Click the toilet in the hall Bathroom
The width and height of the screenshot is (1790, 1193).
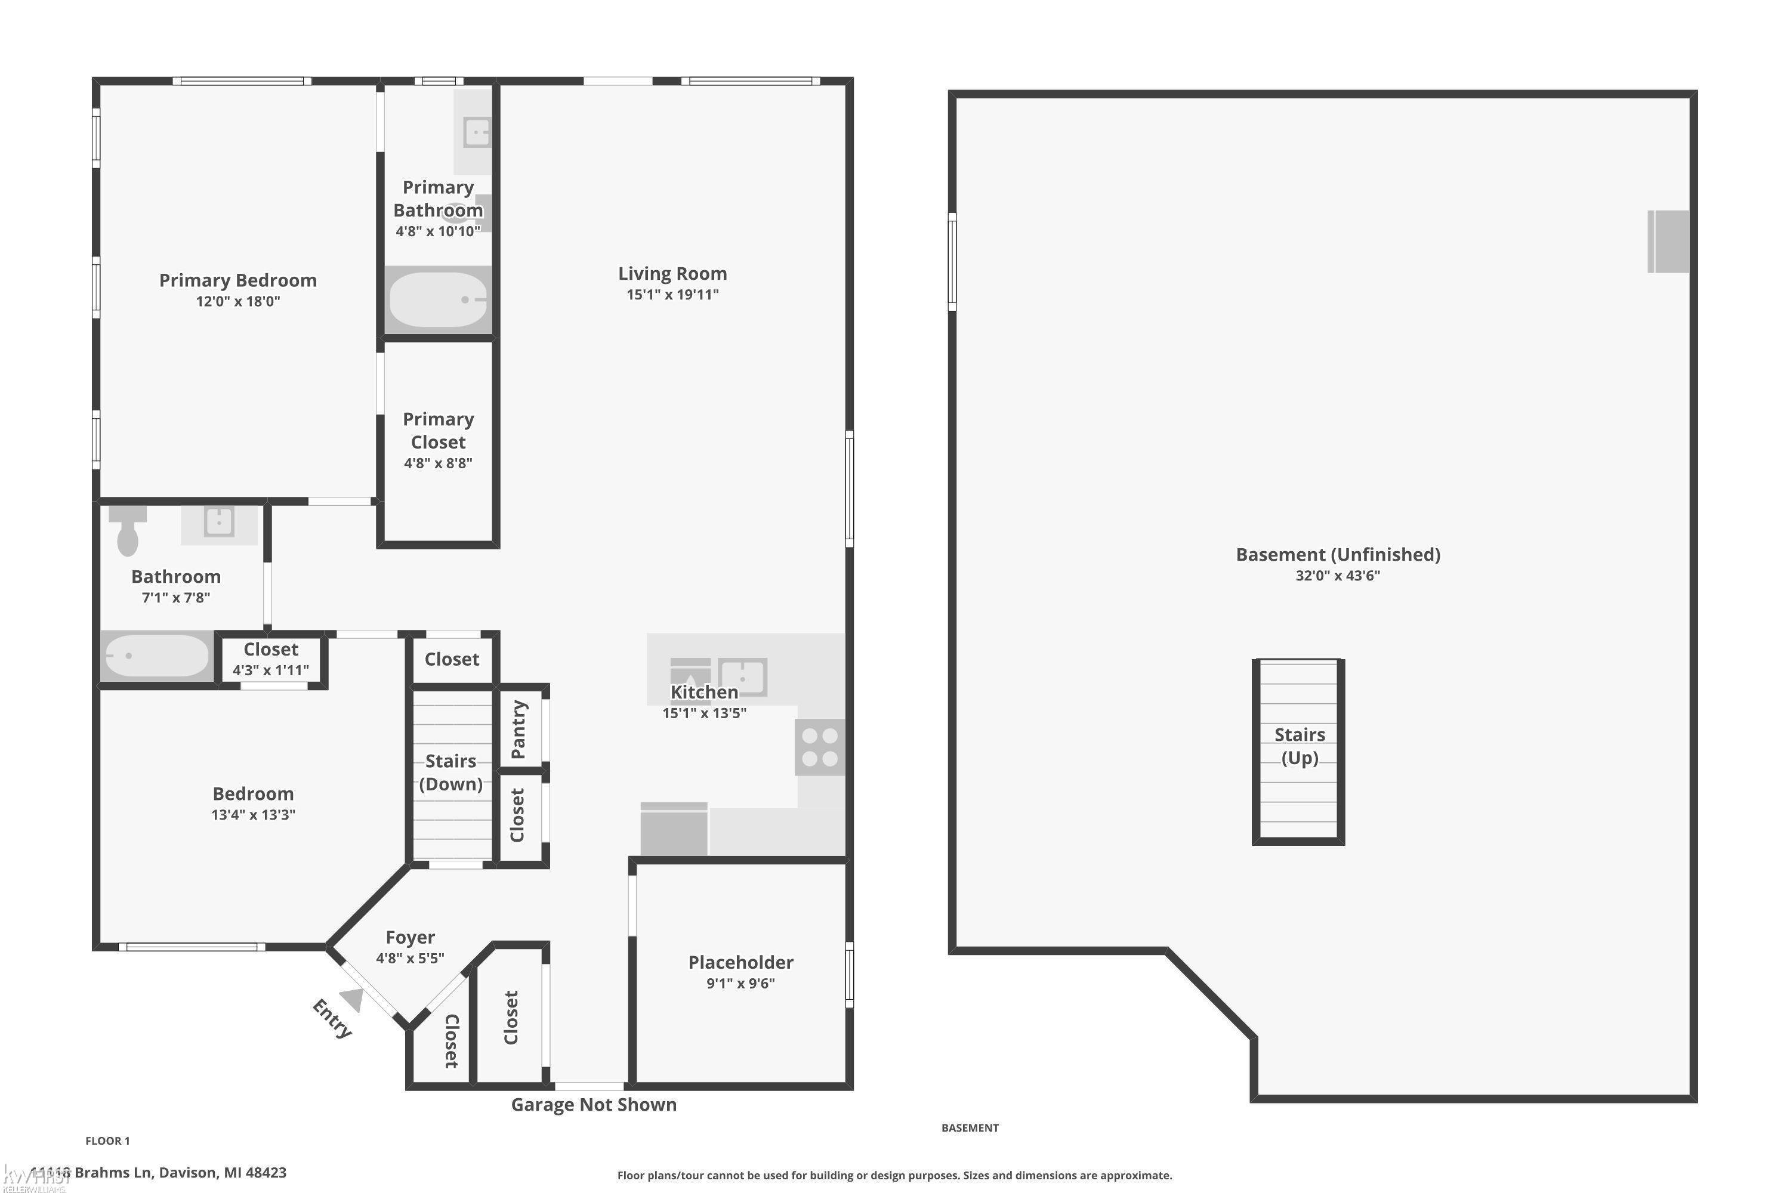point(127,531)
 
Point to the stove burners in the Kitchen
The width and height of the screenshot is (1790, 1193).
point(820,747)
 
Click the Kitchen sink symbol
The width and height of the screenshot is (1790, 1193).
point(742,676)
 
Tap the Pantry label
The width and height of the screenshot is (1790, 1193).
point(519,729)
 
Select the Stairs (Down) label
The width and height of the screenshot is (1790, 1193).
point(451,772)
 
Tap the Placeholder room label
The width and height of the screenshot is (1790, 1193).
point(740,963)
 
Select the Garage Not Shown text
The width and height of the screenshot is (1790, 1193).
point(594,1105)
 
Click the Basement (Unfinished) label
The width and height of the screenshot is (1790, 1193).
point(1337,555)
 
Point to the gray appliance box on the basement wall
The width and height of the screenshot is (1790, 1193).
point(1668,241)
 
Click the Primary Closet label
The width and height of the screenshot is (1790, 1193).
point(439,431)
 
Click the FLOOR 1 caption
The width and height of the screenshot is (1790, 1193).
point(107,1141)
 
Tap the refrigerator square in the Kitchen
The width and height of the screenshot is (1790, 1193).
point(674,830)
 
